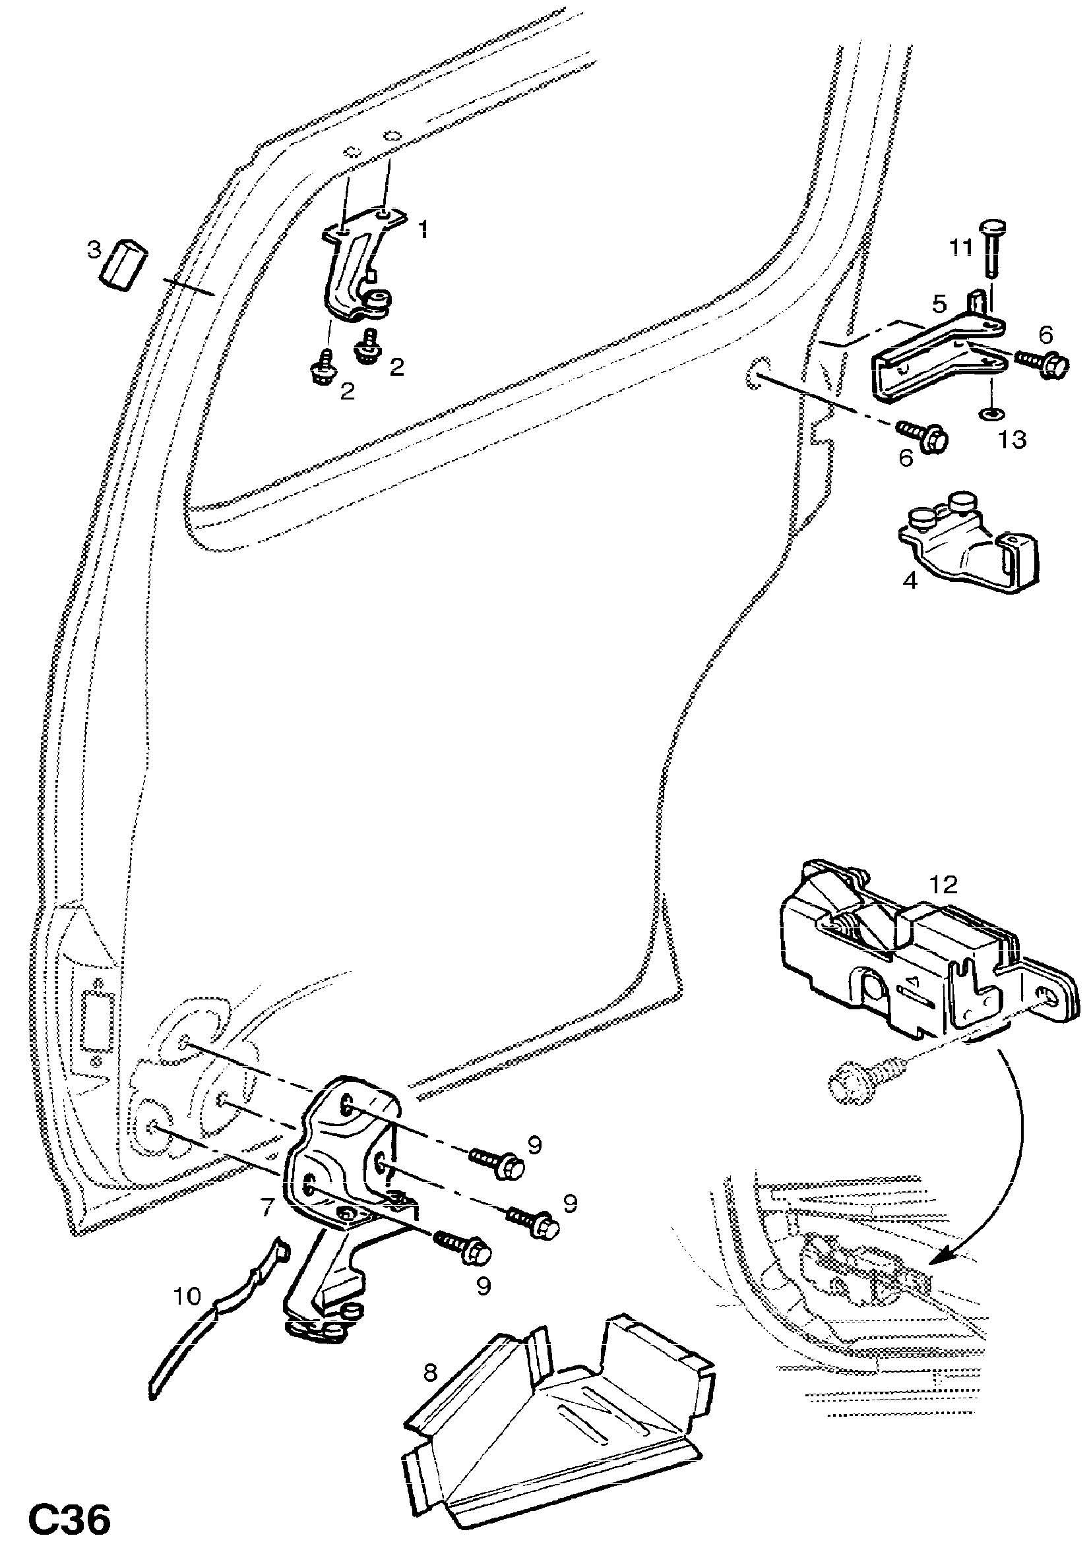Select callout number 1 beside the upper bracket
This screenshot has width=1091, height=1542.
pos(423,231)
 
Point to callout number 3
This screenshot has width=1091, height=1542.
pos(94,250)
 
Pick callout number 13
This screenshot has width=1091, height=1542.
pos(1011,440)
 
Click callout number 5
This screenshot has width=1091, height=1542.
pos(939,304)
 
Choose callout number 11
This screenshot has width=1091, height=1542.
pos(960,249)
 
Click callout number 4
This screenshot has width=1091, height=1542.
pos(910,581)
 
